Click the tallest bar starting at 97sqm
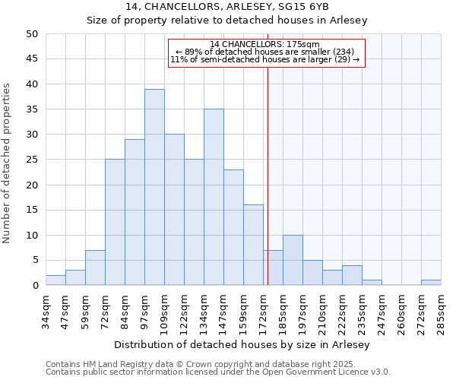154,187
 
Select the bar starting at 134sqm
214,197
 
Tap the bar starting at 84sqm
135,212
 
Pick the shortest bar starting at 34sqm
55,280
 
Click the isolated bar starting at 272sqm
431,283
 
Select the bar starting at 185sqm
293,260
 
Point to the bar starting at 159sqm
253,245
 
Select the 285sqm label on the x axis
442,310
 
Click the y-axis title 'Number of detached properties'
8,164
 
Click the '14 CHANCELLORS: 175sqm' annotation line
265,44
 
